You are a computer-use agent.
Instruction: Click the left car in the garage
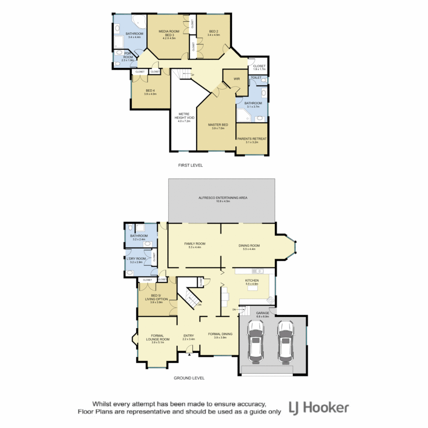pyautogui.click(x=256, y=342)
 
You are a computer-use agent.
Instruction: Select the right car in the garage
pyautogui.click(x=286, y=342)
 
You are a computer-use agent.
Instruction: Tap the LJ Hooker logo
pyautogui.click(x=319, y=408)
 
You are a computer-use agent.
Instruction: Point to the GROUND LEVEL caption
pyautogui.click(x=189, y=378)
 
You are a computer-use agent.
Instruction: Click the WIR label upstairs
pyautogui.click(x=237, y=79)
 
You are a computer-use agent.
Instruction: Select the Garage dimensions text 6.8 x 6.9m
pyautogui.click(x=262, y=317)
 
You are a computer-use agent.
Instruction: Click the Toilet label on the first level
pyautogui.click(x=256, y=78)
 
